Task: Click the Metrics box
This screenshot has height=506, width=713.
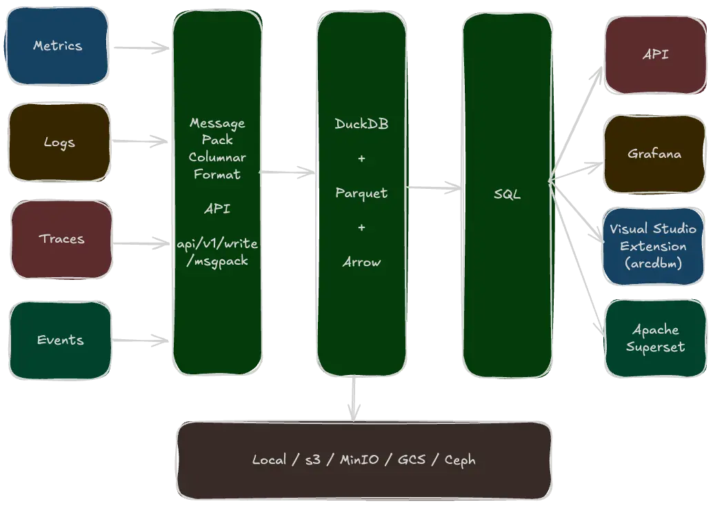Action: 57,46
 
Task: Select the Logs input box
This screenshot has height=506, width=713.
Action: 59,143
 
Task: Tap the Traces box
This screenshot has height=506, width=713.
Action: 61,239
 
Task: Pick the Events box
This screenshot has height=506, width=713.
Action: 61,340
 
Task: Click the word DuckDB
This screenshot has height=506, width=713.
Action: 361,124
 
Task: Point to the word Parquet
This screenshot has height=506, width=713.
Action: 361,193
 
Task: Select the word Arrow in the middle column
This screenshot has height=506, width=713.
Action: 361,262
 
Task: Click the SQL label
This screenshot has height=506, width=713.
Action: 507,194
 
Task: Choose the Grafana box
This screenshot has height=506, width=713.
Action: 654,154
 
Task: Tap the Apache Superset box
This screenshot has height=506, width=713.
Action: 655,338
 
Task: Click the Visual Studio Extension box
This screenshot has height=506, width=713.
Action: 652,245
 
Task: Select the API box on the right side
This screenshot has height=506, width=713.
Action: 655,54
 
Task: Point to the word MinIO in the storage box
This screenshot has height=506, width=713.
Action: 359,460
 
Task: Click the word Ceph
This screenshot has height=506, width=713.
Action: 460,460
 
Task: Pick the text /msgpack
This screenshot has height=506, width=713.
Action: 217,261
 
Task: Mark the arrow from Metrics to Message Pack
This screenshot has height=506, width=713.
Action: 141,48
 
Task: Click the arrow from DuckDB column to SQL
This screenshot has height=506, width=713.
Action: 434,187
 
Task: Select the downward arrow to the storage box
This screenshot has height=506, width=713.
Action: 354,398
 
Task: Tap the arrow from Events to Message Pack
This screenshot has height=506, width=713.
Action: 141,340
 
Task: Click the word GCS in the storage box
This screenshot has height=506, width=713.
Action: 412,460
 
